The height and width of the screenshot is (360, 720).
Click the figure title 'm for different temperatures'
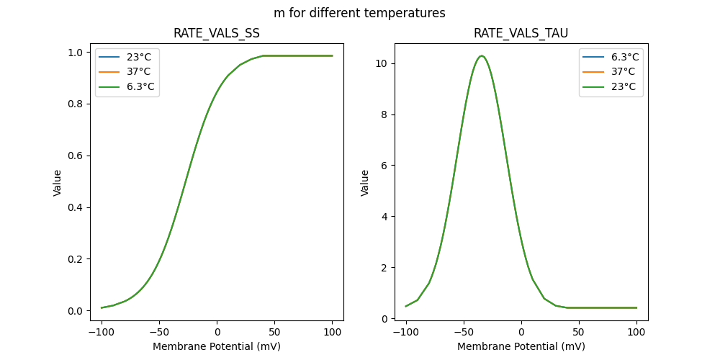tap(359, 13)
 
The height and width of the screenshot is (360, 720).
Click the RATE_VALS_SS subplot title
tap(217, 33)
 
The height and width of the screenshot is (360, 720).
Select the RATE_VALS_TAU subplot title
tap(521, 33)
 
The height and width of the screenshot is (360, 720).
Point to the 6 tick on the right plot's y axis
tap(385, 166)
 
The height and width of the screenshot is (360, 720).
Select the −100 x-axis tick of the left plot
tap(102, 332)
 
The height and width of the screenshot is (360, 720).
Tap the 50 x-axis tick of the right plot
tap(579, 332)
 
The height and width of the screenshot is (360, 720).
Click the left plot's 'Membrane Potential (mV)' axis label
tap(217, 346)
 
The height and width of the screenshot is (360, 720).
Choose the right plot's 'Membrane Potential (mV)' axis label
tap(521, 346)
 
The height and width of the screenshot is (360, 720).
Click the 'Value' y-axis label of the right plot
tap(365, 183)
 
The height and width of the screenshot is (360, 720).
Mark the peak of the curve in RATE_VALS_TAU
tap(482, 55)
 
